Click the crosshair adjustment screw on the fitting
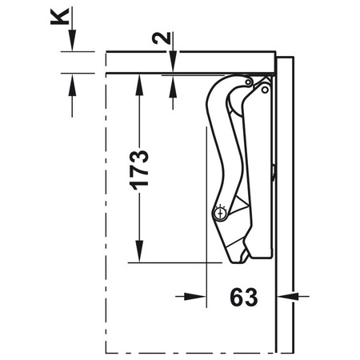point(220,213)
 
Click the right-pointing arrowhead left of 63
point(201,296)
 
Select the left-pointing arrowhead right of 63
point(283,296)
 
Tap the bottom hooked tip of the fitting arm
point(237,258)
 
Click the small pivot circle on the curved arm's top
point(250,82)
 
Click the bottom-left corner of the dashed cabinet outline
point(106,352)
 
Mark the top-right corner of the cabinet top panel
point(275,53)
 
